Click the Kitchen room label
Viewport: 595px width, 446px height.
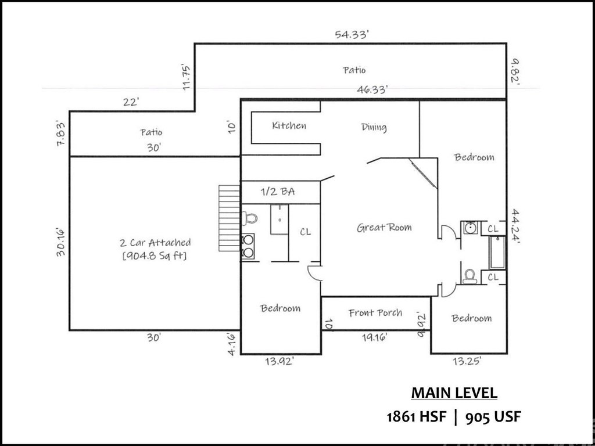[x=289, y=125]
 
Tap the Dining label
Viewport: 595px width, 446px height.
[x=374, y=127]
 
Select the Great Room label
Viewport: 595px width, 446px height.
[x=384, y=228]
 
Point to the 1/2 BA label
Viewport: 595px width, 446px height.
[x=277, y=192]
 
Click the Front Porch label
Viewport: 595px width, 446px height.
[x=375, y=313]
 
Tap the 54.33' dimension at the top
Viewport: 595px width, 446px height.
[x=352, y=35]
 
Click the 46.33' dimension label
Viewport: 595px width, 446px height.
[x=372, y=90]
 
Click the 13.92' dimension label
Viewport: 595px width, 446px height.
[x=279, y=362]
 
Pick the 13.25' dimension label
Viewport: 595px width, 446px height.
[x=467, y=361]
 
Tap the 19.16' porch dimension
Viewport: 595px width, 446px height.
[x=374, y=337]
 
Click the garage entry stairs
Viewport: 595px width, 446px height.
[x=229, y=218]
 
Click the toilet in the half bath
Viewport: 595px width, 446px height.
[x=249, y=218]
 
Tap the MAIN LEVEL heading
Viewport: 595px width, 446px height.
[x=454, y=393]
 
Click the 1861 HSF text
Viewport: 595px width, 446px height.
[x=416, y=418]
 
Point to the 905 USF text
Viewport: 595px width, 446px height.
[x=493, y=418]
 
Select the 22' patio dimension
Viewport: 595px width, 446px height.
[x=131, y=102]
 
